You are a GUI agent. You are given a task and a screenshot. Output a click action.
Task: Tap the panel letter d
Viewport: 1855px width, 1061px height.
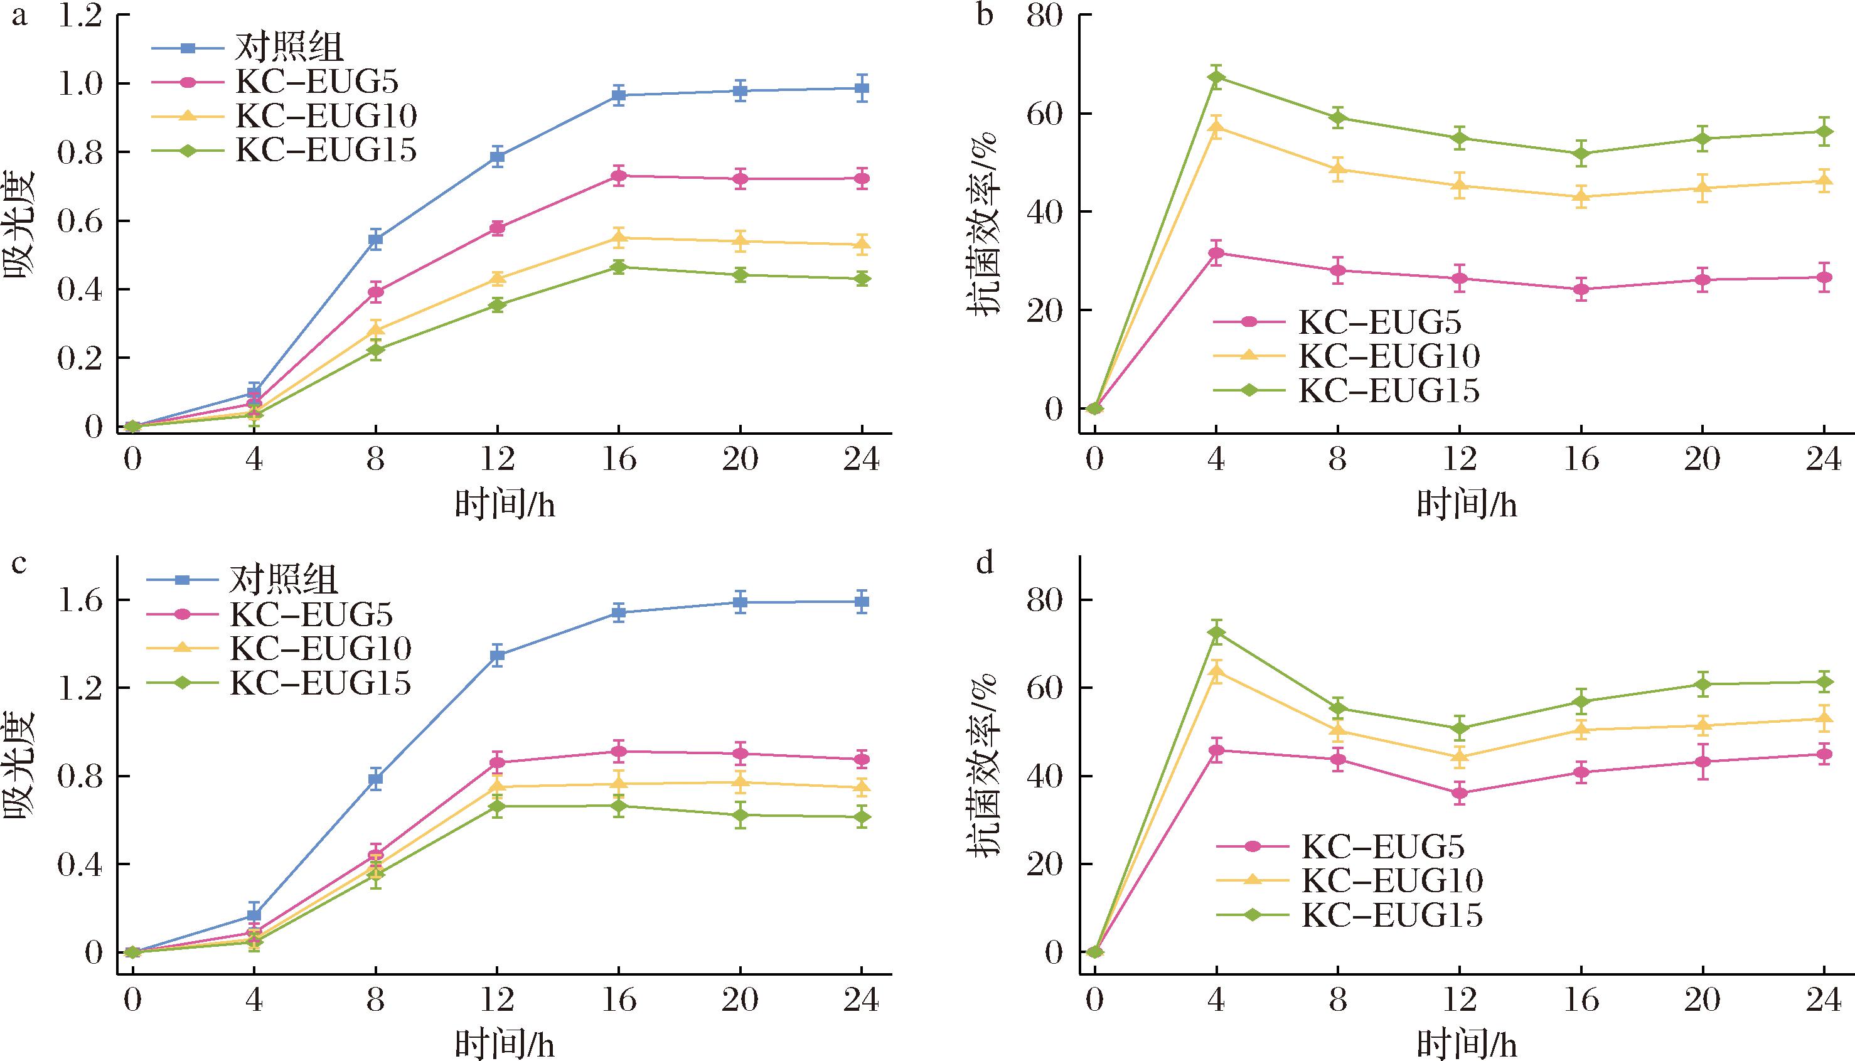click(x=985, y=563)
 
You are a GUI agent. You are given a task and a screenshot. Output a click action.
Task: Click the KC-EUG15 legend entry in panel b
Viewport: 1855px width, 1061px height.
click(x=1389, y=392)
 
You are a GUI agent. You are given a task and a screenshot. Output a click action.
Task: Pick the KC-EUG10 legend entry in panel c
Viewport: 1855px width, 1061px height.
click(x=321, y=649)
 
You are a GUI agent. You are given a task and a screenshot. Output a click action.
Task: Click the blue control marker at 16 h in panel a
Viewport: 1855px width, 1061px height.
click(x=619, y=95)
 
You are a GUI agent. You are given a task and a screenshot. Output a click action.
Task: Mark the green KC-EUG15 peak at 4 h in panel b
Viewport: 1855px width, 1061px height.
click(x=1216, y=77)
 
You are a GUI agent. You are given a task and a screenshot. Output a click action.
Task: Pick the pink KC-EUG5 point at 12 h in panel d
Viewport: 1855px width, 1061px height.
click(x=1460, y=793)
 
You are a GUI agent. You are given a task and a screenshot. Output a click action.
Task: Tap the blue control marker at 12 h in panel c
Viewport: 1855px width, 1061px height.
click(x=497, y=655)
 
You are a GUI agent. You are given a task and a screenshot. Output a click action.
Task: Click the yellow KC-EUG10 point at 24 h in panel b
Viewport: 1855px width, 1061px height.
click(x=1824, y=180)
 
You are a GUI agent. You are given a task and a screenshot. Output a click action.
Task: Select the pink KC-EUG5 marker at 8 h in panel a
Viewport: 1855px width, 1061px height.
click(x=375, y=292)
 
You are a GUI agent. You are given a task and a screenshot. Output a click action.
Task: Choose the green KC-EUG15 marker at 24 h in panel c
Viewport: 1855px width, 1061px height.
click(x=862, y=817)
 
